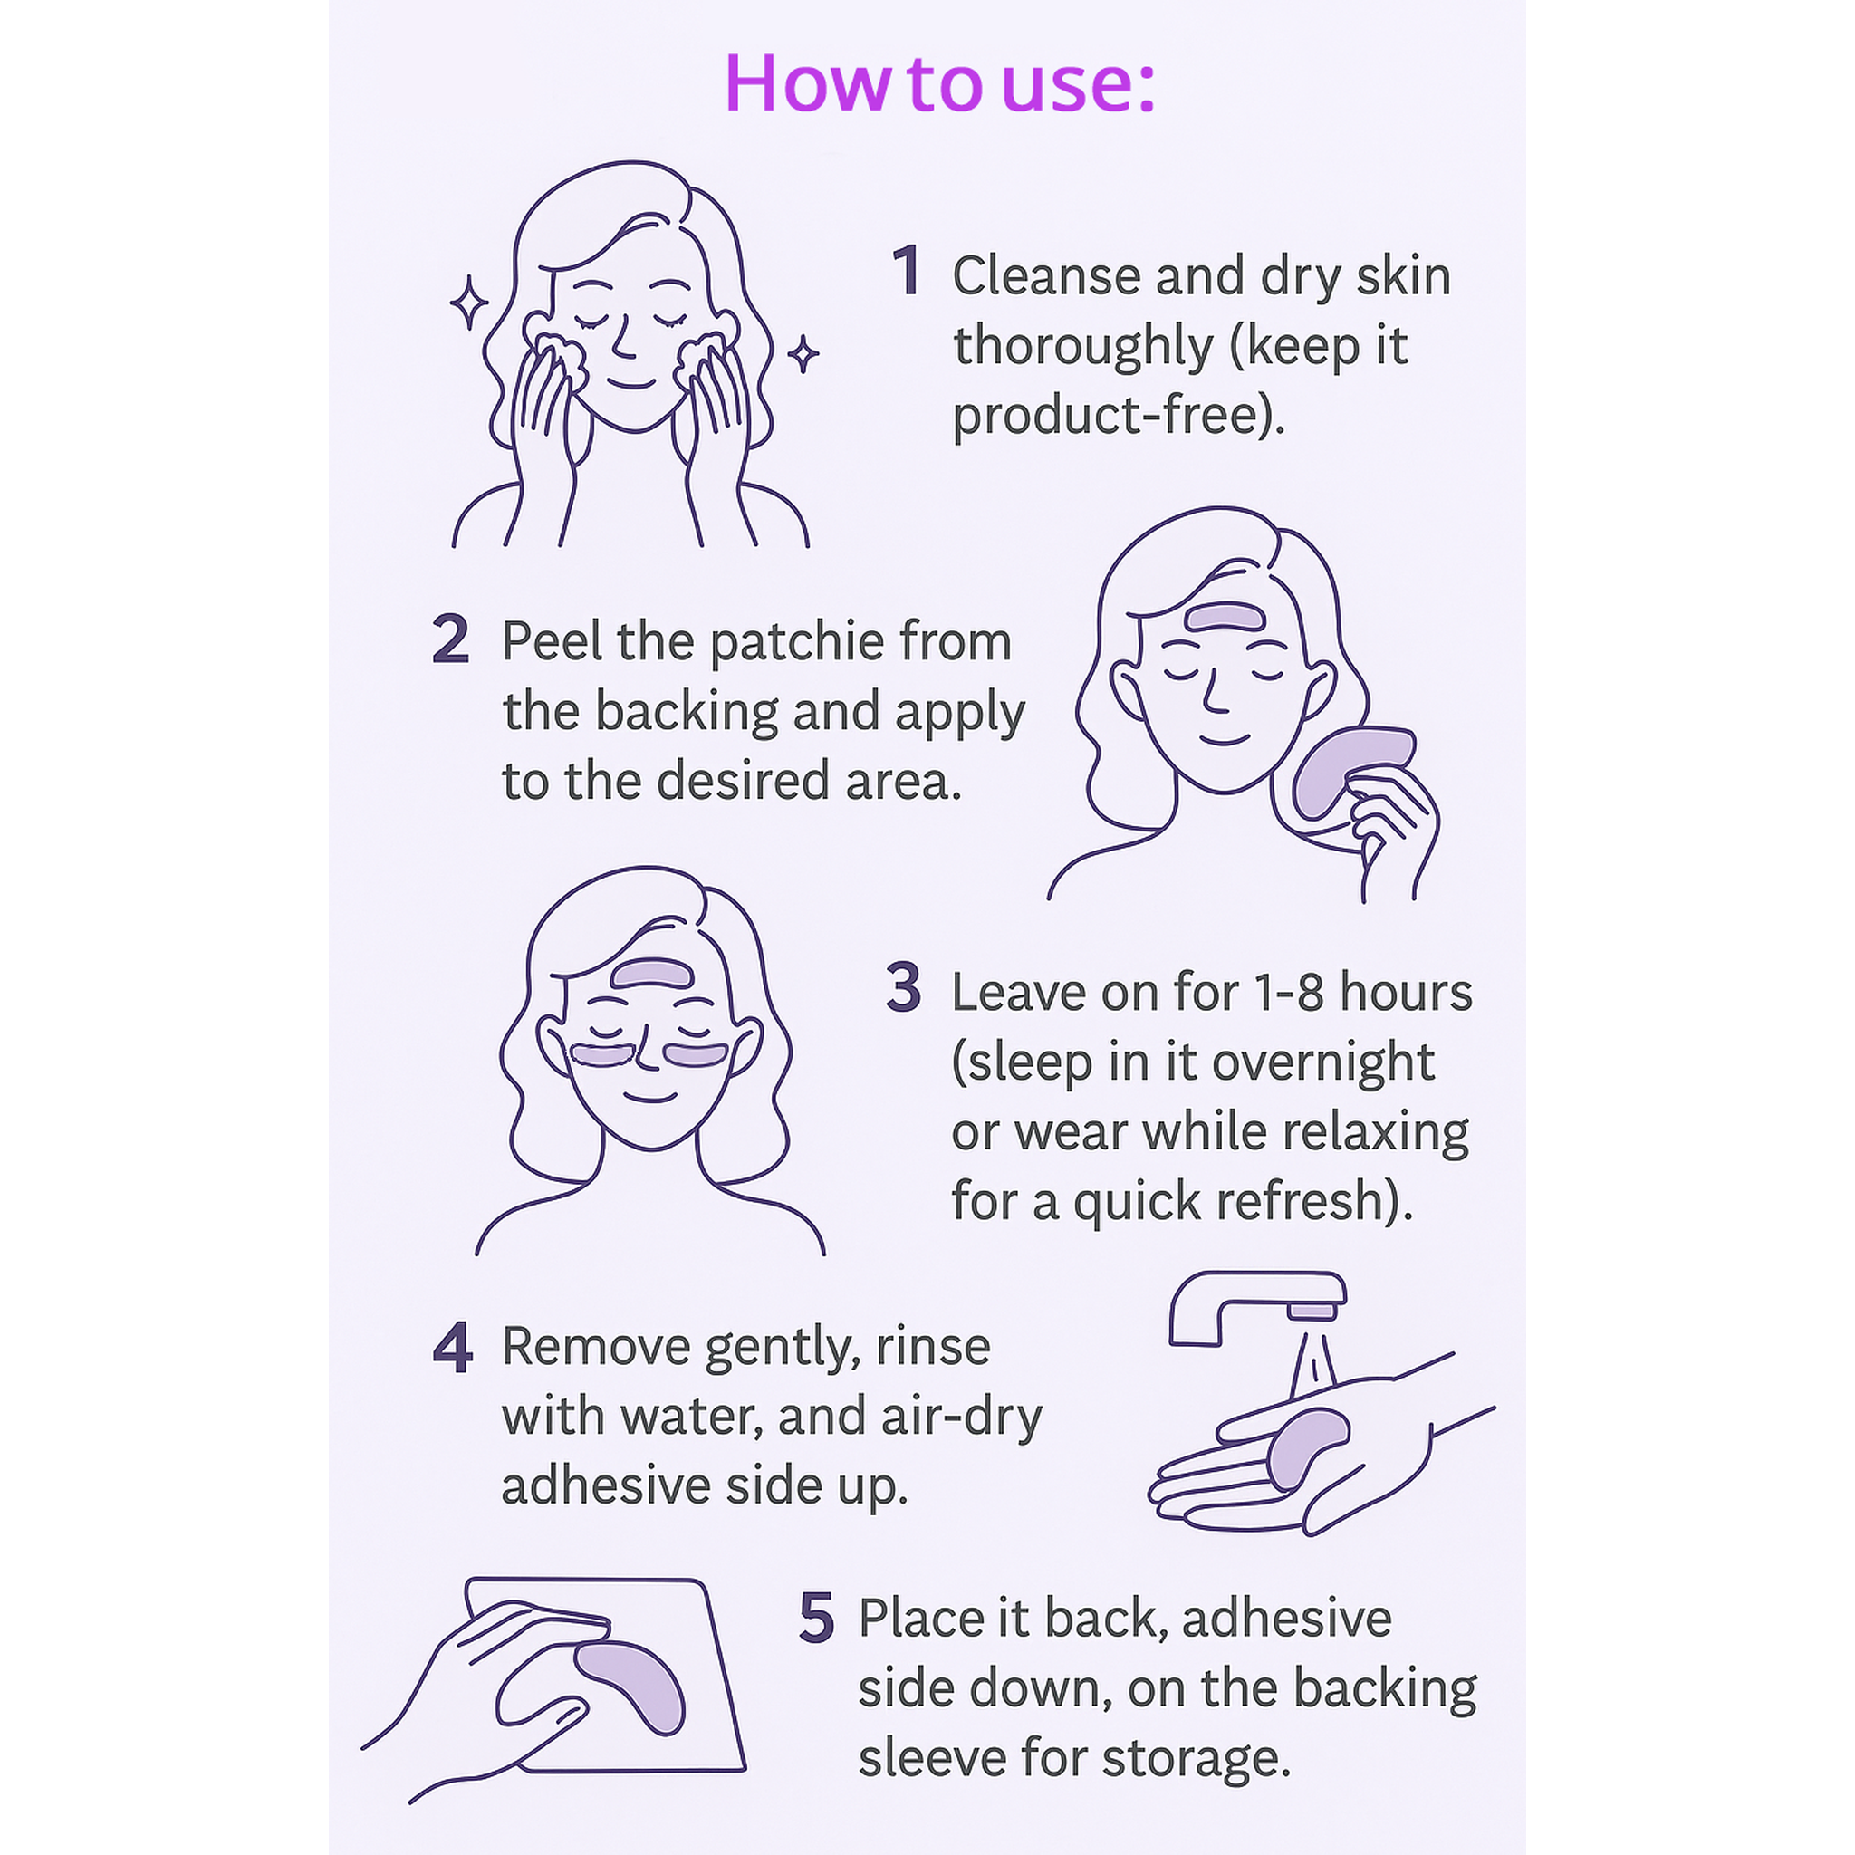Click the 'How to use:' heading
939,83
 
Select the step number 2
450,639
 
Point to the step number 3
903,988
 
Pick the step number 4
452,1347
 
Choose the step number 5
816,1619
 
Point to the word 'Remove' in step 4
596,1347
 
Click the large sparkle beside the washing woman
469,303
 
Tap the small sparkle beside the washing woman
803,354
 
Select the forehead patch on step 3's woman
650,974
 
